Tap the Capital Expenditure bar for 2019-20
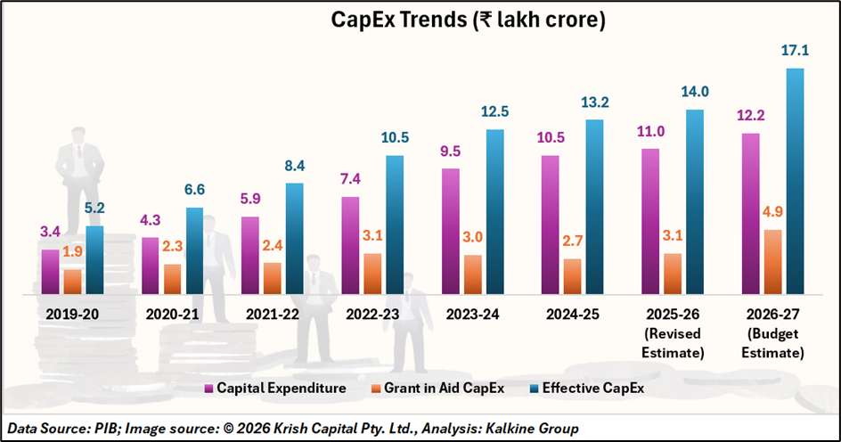click(51, 271)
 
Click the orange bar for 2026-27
click(750, 261)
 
